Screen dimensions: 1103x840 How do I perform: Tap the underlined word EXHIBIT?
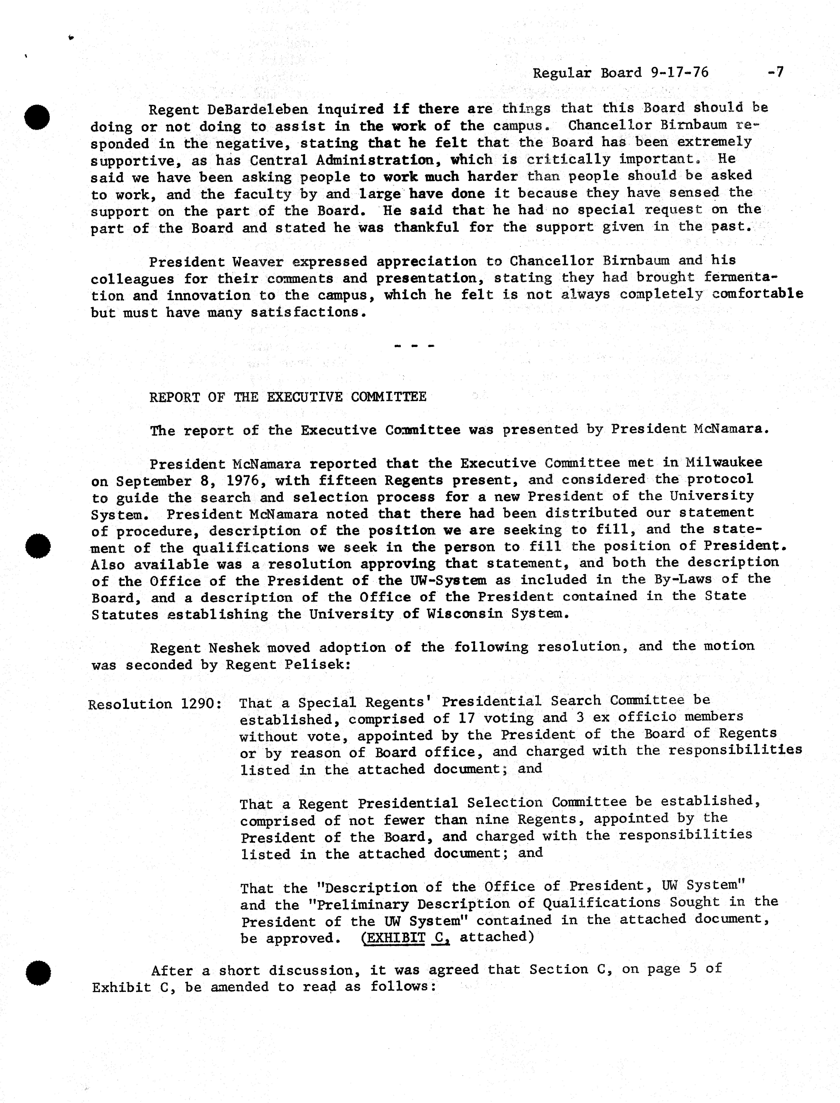[x=392, y=938]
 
